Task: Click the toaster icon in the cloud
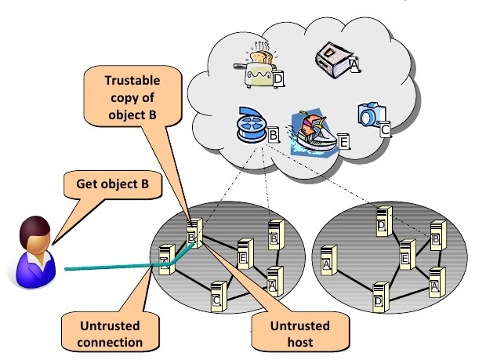click(256, 67)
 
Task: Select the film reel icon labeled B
click(252, 125)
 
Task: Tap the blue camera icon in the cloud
click(371, 114)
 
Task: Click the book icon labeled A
click(334, 60)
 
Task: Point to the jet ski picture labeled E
click(313, 133)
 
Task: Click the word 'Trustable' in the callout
click(132, 81)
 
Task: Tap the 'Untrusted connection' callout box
click(110, 333)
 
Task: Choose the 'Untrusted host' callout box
click(300, 333)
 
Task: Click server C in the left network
click(219, 297)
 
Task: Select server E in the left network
click(245, 254)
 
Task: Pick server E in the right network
click(408, 255)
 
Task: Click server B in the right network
click(438, 235)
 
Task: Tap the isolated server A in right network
click(329, 260)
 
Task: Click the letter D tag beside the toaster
click(278, 79)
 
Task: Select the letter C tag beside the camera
click(385, 129)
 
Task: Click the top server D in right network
click(384, 221)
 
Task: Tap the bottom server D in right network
click(381, 297)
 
